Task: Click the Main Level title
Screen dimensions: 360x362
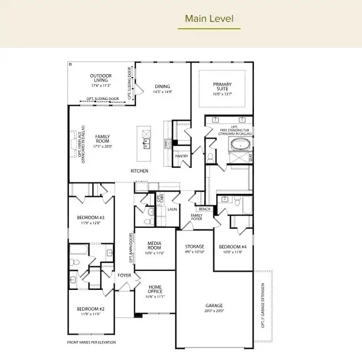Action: tap(209, 18)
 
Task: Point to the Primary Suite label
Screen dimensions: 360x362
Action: tap(222, 87)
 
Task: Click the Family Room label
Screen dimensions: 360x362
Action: tap(102, 141)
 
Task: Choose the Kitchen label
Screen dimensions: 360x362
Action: tap(139, 171)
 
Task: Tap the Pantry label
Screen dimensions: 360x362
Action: tap(181, 156)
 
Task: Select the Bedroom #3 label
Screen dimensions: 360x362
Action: tap(90, 217)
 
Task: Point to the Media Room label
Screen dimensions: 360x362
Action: tap(154, 245)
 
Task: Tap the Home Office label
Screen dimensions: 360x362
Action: tap(155, 289)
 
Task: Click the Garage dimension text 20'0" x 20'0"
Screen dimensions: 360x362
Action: tap(214, 311)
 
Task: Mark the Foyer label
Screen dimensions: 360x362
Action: tap(124, 275)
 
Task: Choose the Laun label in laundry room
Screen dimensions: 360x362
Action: tap(171, 209)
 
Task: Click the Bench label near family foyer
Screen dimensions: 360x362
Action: tap(204, 209)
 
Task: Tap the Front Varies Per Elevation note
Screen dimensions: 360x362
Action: tap(91, 342)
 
